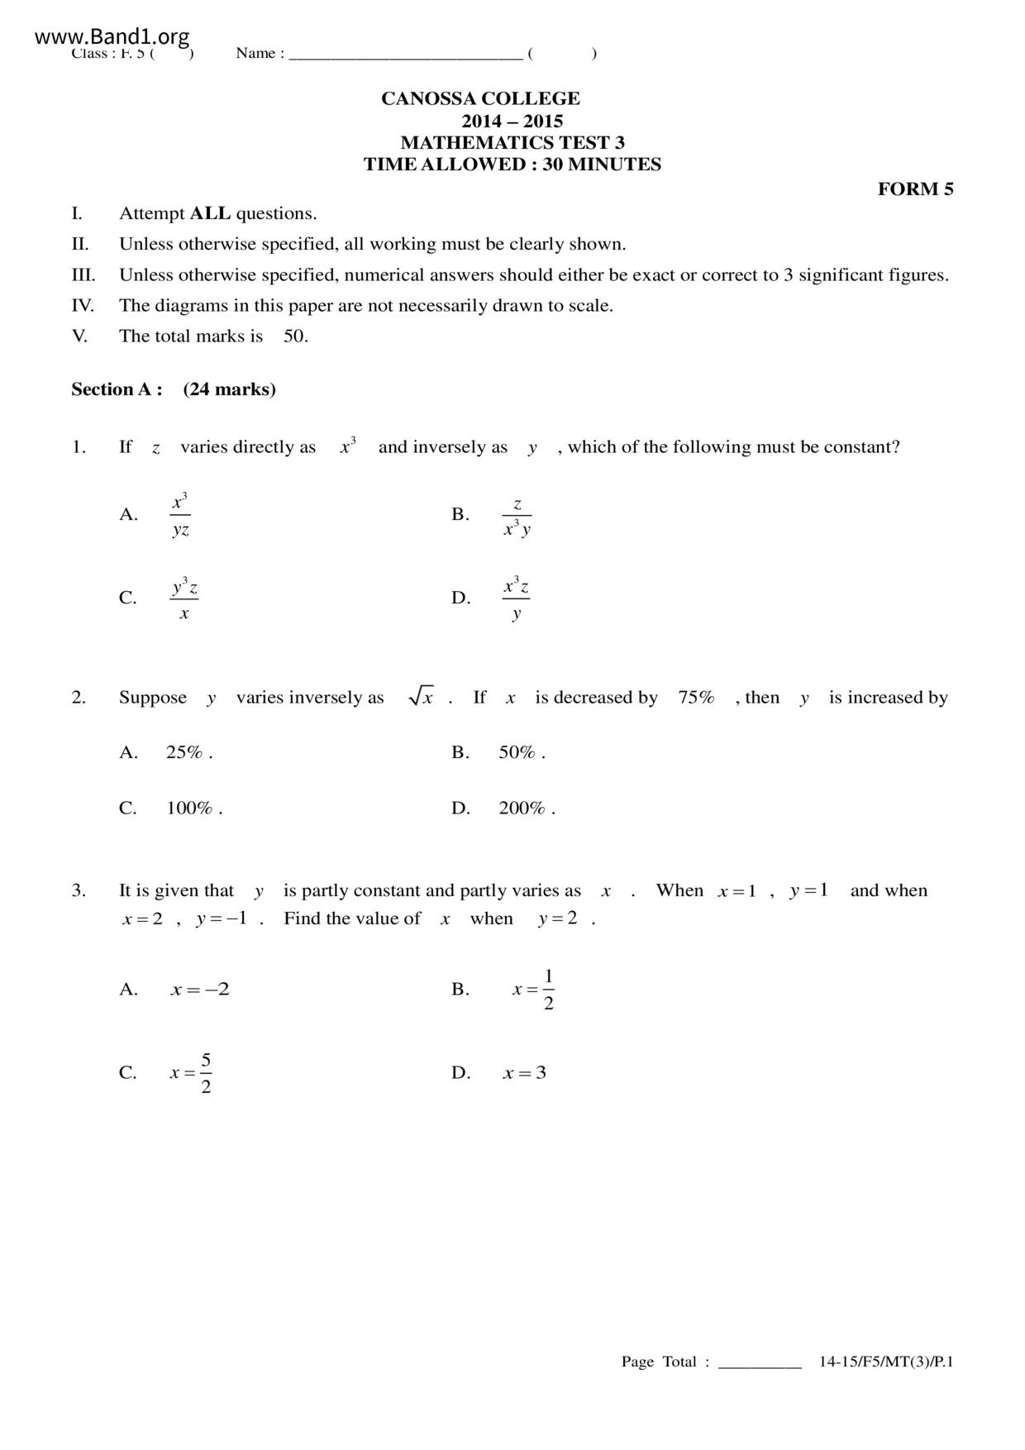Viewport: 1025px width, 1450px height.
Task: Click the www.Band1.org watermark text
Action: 112,36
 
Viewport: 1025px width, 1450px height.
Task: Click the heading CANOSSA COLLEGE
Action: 480,98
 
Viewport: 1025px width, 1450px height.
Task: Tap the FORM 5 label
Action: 915,189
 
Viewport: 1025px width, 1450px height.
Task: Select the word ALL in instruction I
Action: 210,213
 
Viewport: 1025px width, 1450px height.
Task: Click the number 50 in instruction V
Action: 295,336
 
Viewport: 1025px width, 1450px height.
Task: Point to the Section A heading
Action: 173,389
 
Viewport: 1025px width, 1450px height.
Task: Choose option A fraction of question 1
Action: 180,515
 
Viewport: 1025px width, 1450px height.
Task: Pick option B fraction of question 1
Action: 517,517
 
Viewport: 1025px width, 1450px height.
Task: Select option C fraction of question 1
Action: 184,599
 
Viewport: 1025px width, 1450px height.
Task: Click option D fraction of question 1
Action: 516,599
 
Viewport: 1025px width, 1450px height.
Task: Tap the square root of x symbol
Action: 421,697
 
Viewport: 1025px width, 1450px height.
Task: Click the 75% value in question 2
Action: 696,698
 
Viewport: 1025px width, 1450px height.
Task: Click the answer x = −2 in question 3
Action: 200,990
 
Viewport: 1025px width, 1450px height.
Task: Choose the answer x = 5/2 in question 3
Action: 192,1073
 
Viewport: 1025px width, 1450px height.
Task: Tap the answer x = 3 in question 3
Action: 524,1073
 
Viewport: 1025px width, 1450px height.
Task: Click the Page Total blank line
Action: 760,1362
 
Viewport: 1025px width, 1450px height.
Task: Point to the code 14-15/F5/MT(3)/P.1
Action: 886,1362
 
